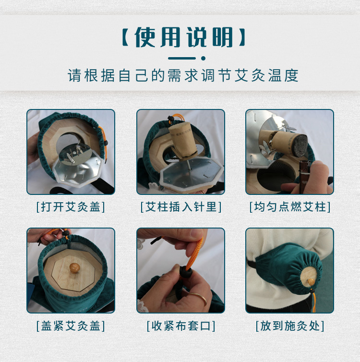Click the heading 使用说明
[184, 37]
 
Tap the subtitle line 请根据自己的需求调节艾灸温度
[183, 75]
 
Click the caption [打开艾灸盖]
[71, 206]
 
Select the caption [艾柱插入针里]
[181, 206]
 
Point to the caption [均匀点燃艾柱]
[290, 206]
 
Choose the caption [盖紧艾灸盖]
[71, 326]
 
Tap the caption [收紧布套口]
[181, 326]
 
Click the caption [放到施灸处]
[290, 326]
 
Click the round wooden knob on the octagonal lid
[74, 268]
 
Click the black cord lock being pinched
[186, 273]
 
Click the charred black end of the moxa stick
[299, 145]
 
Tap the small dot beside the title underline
[203, 58]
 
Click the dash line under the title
[182, 58]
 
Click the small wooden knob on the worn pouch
[311, 282]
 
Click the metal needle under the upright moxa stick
[188, 165]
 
